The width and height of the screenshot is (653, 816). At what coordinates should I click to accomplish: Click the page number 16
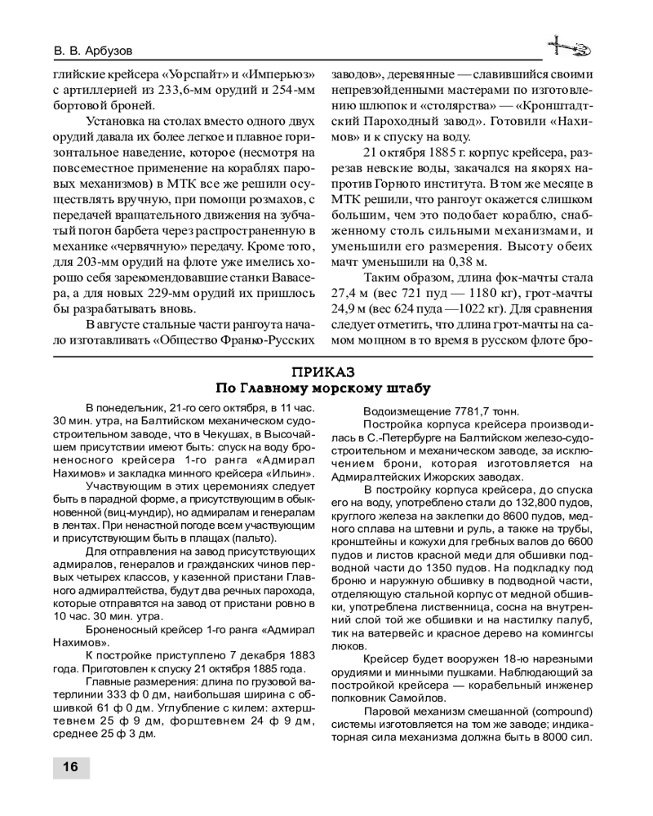point(70,766)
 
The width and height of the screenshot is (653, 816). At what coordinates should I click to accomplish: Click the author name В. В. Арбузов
point(100,50)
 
